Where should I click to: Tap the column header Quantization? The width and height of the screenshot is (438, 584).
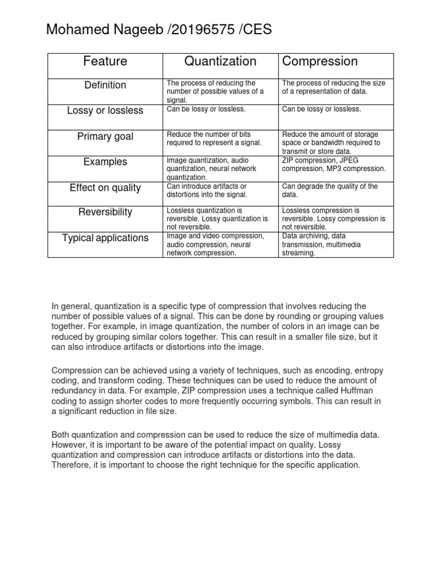(x=220, y=62)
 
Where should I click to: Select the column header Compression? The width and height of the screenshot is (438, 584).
(x=320, y=62)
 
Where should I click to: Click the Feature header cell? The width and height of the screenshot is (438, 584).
(x=105, y=62)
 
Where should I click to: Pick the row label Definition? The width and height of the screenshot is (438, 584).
(x=105, y=85)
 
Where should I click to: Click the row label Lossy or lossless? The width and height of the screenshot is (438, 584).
(x=105, y=111)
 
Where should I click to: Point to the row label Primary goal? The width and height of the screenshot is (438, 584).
(x=105, y=136)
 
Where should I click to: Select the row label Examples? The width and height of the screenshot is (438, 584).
(x=105, y=162)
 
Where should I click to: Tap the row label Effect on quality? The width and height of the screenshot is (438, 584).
(x=105, y=188)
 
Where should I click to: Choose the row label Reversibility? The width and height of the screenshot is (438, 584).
(x=105, y=212)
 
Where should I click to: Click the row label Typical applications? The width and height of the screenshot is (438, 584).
(x=105, y=238)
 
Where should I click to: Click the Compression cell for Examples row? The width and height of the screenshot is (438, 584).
(x=334, y=165)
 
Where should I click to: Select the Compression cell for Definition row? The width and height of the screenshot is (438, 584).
(x=334, y=87)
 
